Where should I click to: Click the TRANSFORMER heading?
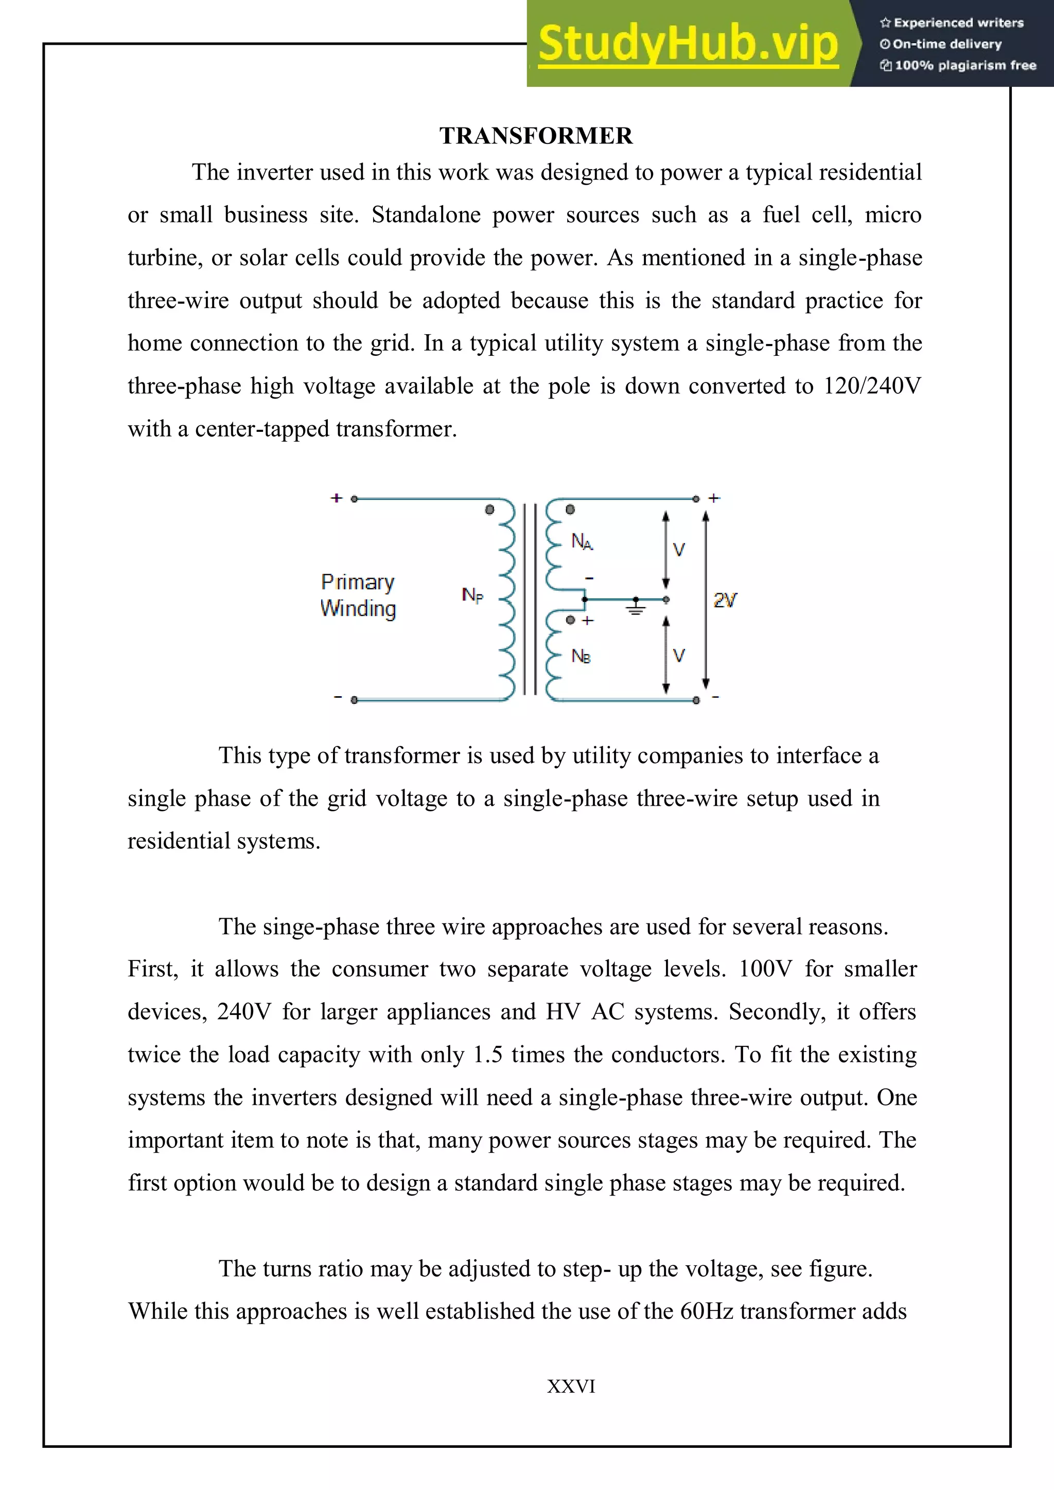point(536,136)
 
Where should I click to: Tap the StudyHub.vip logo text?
point(688,44)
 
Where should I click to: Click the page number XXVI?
point(571,1386)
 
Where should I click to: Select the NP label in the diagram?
point(472,594)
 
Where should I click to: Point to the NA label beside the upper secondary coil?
point(582,541)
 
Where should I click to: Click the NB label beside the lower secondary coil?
point(581,656)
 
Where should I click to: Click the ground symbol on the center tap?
point(636,607)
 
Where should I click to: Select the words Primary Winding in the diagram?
point(358,595)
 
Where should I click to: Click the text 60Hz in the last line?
point(707,1311)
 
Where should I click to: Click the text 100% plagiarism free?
point(965,65)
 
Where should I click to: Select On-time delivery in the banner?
point(947,44)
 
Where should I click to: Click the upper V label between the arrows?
point(679,550)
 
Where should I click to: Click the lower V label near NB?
point(679,656)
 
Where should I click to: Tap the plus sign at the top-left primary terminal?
point(336,498)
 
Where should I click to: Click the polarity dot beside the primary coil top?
point(489,510)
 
